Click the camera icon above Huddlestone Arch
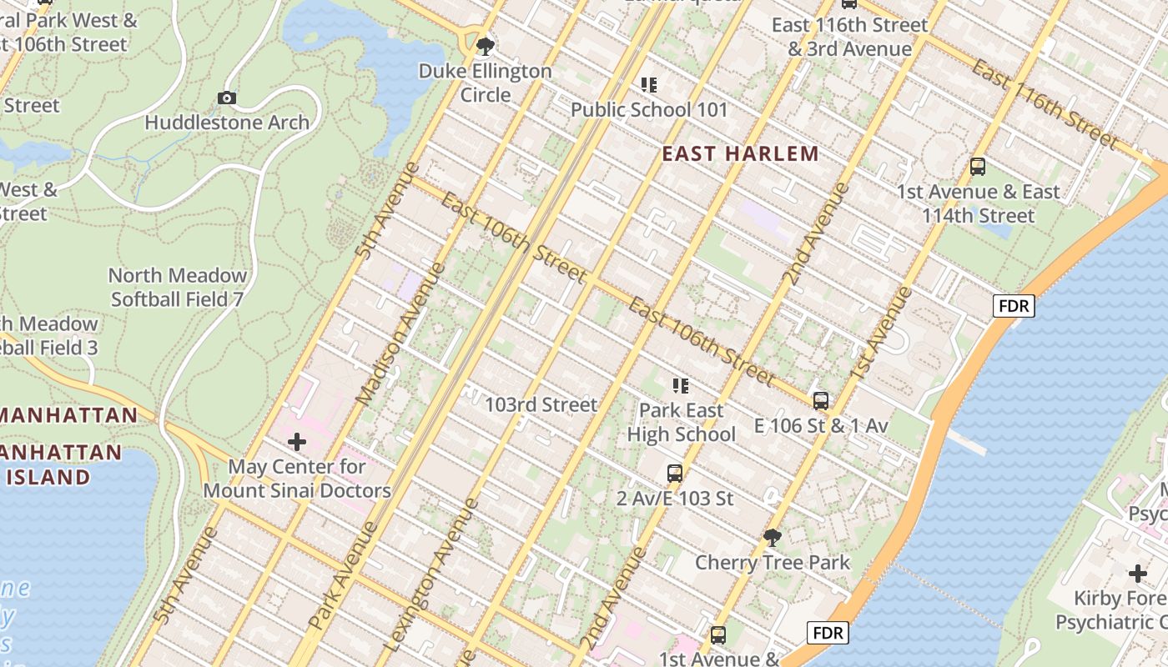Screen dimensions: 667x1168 [x=226, y=98]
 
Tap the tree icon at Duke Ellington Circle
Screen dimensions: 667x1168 [x=484, y=45]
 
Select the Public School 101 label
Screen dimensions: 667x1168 [x=649, y=109]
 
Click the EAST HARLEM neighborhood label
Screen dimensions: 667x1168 [x=740, y=153]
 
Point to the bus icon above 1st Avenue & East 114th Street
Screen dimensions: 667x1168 [x=978, y=167]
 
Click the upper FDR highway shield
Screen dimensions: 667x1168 [x=1014, y=306]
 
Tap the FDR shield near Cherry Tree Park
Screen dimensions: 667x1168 [x=828, y=633]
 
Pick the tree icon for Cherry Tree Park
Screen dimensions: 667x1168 [x=773, y=538]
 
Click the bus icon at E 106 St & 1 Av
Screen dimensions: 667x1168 [x=821, y=401]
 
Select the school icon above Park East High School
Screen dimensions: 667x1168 [x=681, y=386]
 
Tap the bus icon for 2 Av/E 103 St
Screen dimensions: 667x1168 [x=675, y=474]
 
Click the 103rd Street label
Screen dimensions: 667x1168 [x=541, y=405]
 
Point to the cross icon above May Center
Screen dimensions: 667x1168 [x=297, y=442]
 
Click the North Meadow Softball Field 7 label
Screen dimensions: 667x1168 [x=177, y=287]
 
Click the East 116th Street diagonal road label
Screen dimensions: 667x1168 [x=1043, y=103]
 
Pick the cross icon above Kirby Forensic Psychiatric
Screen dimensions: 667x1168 [x=1138, y=574]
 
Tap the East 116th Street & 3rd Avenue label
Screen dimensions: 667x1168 [x=849, y=37]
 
